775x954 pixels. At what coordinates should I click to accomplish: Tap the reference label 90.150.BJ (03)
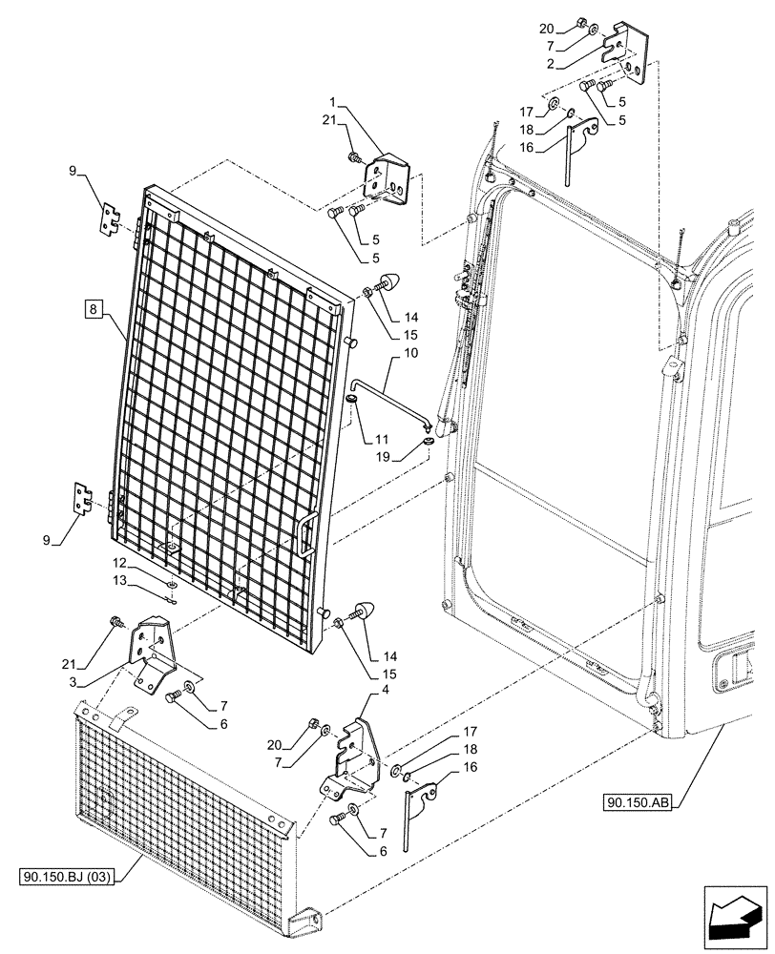coord(65,874)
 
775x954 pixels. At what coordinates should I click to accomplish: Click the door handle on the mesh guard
coord(307,533)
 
